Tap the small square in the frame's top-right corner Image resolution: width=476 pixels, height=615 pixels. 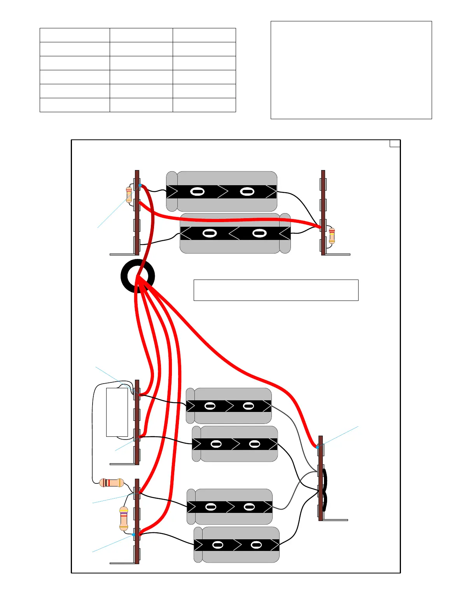[395, 143]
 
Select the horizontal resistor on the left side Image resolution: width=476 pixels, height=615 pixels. [112, 483]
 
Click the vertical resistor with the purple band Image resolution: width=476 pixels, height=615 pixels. [124, 518]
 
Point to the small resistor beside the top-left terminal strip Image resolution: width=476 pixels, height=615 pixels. [129, 195]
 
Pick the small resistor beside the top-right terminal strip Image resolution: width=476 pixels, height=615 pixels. [332, 236]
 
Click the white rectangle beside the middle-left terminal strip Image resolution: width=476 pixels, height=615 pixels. [117, 412]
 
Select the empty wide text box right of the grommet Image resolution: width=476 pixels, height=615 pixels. [276, 290]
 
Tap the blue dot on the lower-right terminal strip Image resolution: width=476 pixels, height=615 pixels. [317, 447]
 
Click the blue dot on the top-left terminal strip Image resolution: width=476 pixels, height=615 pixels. [140, 186]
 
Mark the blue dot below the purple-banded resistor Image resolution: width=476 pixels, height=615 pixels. [133, 535]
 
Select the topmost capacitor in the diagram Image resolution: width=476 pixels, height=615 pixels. [222, 191]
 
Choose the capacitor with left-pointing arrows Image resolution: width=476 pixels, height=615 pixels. [235, 233]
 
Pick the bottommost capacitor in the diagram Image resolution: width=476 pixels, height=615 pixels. [236, 545]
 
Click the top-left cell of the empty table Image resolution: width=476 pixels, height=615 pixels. [75, 35]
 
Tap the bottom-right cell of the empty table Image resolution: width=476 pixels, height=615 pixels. [204, 105]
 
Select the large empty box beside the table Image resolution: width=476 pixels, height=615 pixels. [351, 70]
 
